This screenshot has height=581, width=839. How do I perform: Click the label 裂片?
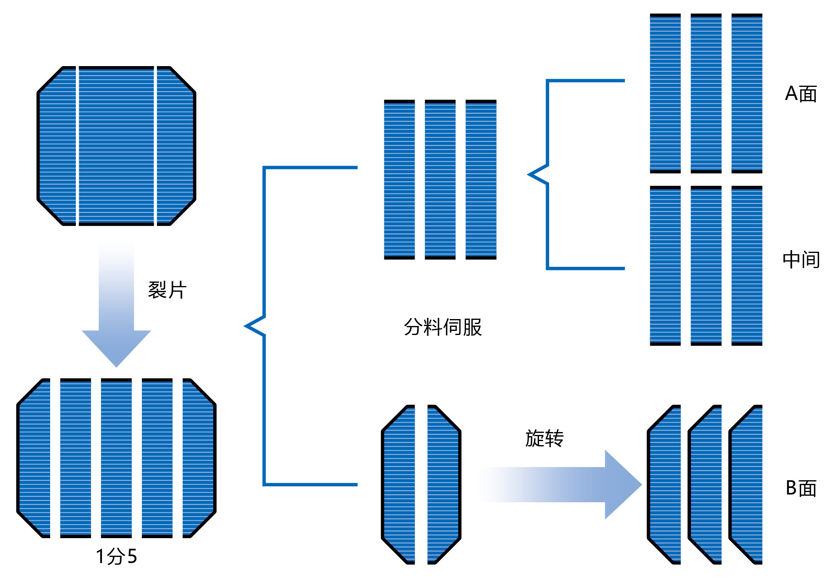pyautogui.click(x=167, y=290)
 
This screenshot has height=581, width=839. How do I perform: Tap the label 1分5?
pyautogui.click(x=116, y=556)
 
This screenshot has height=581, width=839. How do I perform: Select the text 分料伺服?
pyautogui.click(x=443, y=327)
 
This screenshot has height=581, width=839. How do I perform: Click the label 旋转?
pyautogui.click(x=544, y=439)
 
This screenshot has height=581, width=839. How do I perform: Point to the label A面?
pyautogui.click(x=801, y=94)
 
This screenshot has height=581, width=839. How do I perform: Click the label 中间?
pyautogui.click(x=801, y=260)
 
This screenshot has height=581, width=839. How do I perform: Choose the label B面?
pyautogui.click(x=801, y=488)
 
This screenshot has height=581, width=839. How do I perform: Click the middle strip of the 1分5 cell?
pyautogui.click(x=116, y=458)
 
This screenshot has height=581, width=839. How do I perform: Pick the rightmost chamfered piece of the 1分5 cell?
pyautogui.click(x=199, y=458)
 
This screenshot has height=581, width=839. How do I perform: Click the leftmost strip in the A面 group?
pyautogui.click(x=665, y=93)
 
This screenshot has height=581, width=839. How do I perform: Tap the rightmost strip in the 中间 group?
pyautogui.click(x=746, y=266)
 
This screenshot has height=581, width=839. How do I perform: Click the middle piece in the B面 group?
pyautogui.click(x=706, y=485)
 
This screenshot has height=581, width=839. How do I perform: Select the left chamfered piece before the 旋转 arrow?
pyautogui.click(x=399, y=485)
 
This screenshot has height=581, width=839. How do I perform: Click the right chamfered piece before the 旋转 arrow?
pyautogui.click(x=443, y=485)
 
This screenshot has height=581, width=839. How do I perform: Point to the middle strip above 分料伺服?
pyautogui.click(x=440, y=180)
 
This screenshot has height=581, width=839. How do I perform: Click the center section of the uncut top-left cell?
pyautogui.click(x=116, y=146)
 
